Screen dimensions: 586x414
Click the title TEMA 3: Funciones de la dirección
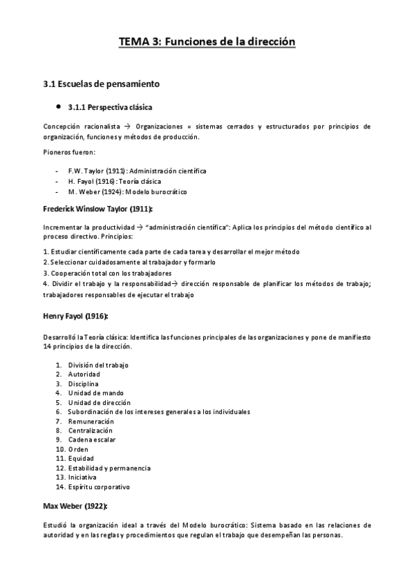coord(207,42)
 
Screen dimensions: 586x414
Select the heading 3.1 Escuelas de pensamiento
coord(101,84)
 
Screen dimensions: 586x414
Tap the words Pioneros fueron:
coord(69,152)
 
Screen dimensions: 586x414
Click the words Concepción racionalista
coord(82,127)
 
